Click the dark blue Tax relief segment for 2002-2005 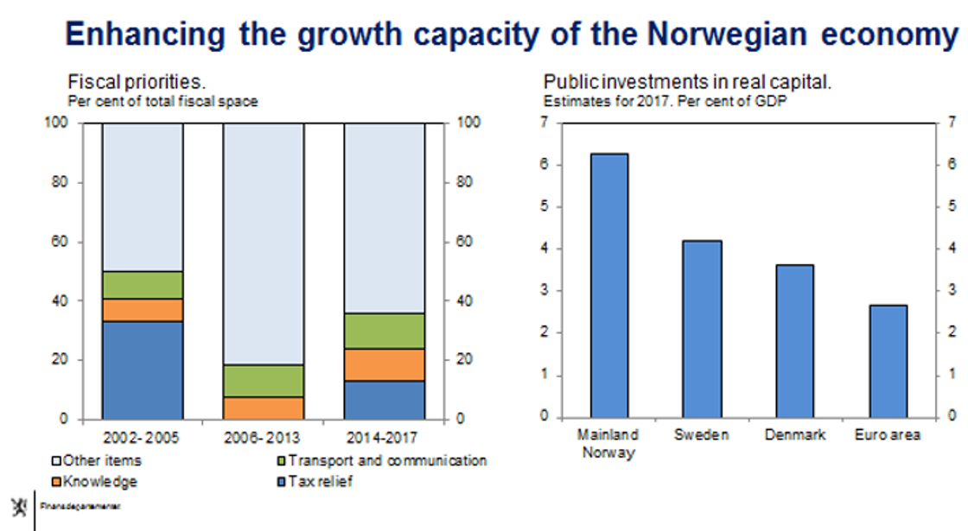(143, 370)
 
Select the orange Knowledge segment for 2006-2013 (264, 408)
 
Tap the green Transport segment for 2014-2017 (385, 331)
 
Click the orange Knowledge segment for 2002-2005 (143, 310)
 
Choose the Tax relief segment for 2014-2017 (385, 400)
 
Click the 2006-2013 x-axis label (263, 434)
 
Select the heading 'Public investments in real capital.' (686, 83)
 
